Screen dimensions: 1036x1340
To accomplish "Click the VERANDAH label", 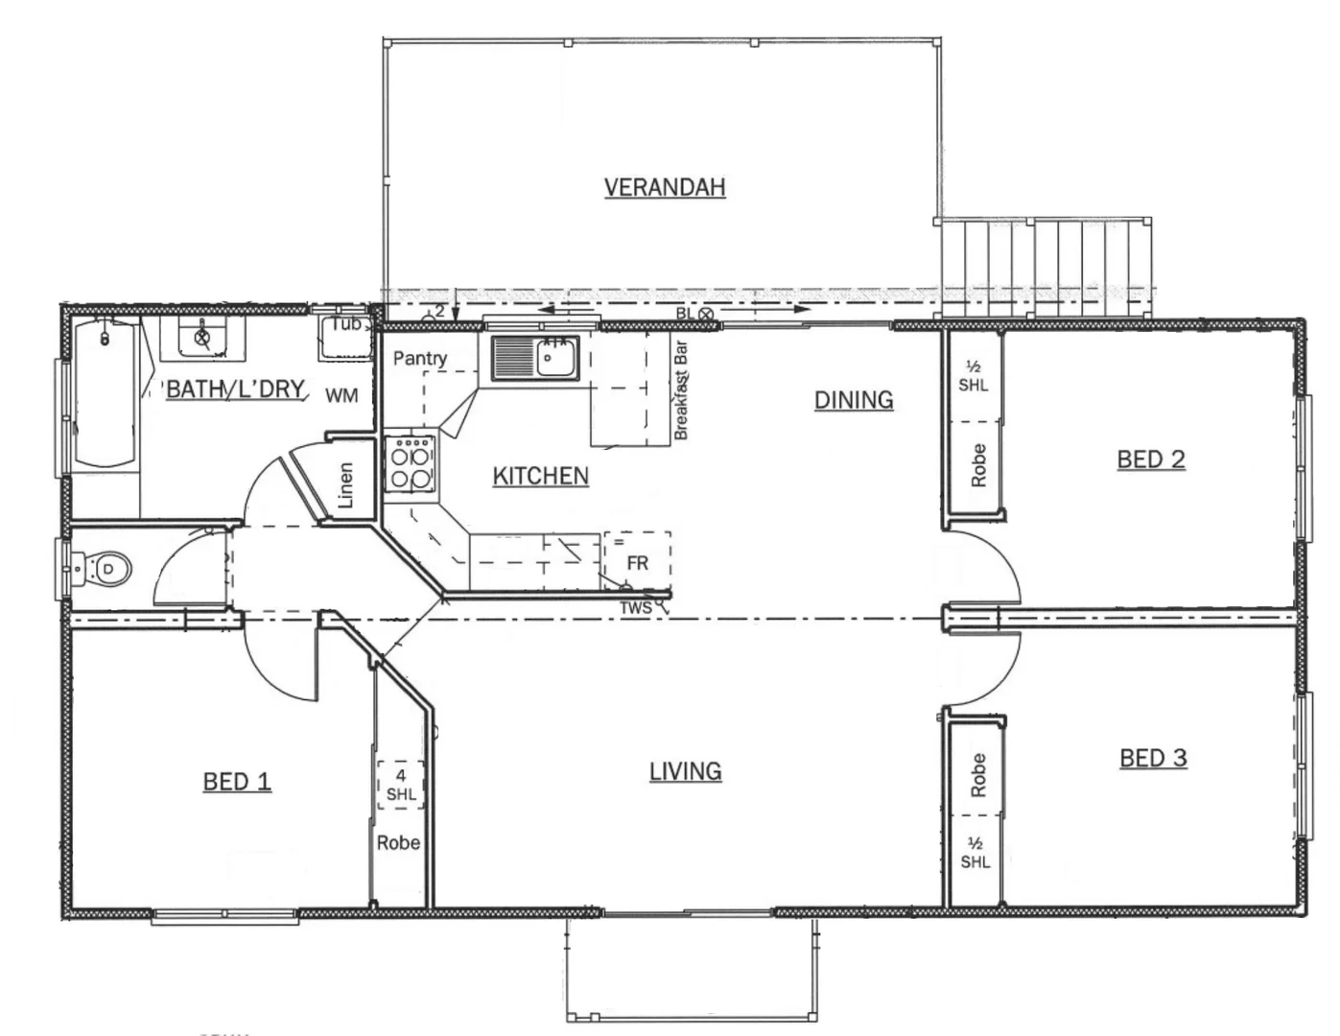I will (x=664, y=187).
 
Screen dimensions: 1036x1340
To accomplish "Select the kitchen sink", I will (x=535, y=358).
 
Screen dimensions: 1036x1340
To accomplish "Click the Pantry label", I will (x=420, y=358).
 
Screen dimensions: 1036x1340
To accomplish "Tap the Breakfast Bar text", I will (x=682, y=390).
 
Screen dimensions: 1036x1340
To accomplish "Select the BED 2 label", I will (x=1150, y=459).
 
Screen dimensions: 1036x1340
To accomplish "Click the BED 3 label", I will (x=1153, y=759).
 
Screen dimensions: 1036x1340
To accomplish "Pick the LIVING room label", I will (x=685, y=771).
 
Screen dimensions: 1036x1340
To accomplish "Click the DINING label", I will (x=854, y=400).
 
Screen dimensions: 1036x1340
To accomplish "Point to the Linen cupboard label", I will (x=346, y=485).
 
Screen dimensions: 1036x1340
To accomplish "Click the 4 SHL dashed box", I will (x=401, y=785).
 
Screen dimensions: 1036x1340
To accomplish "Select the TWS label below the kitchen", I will (x=635, y=608).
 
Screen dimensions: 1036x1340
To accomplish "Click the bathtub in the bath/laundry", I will (x=105, y=393).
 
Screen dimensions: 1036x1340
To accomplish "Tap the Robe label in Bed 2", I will (x=977, y=464).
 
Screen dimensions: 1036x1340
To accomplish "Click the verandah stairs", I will (x=1046, y=269).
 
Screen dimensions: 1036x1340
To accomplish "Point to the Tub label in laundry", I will (x=346, y=324).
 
